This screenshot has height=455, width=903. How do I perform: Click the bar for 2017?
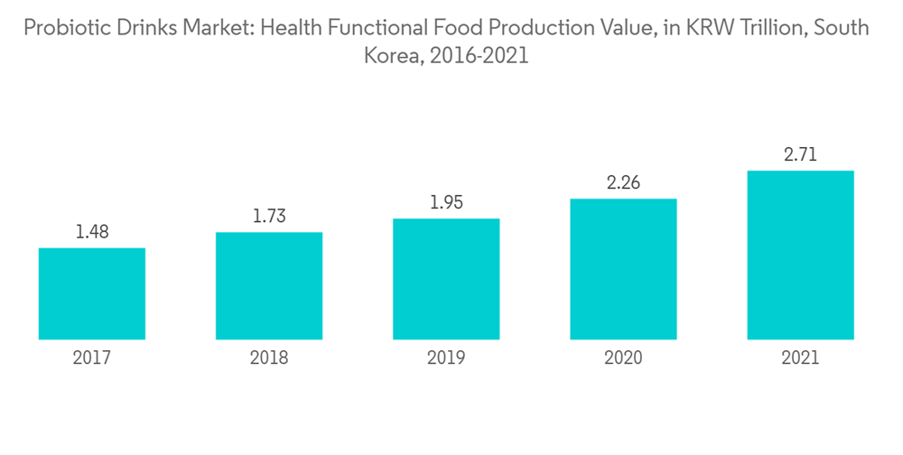coord(92,293)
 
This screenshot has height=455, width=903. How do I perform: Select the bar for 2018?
coord(269,285)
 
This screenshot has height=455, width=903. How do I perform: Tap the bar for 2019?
coord(446,279)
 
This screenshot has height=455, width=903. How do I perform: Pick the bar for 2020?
coord(623,269)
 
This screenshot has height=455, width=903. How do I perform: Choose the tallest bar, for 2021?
coord(800,255)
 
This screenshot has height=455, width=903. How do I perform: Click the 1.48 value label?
coord(92,232)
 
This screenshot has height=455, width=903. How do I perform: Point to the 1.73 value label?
coord(269,217)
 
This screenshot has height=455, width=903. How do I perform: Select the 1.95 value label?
coord(446,203)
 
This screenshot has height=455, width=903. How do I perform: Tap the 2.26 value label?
coord(623,183)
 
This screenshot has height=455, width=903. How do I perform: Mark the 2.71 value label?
coord(800,155)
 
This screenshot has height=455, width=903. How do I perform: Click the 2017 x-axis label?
coord(92,358)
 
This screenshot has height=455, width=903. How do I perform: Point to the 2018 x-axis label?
coord(269,358)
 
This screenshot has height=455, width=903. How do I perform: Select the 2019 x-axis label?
coord(446,358)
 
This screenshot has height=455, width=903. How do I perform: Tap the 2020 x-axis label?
coord(623,358)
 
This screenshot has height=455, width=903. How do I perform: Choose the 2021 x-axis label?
coord(800,358)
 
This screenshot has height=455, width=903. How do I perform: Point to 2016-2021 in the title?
coord(479,55)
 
